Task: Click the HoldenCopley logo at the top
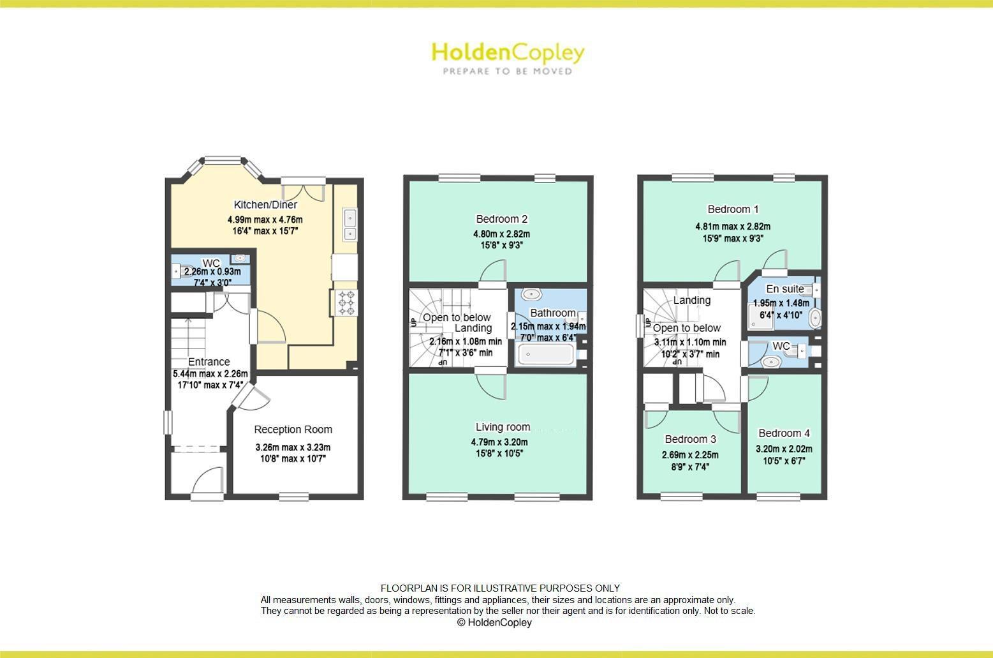point(508,52)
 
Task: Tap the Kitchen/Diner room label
point(265,205)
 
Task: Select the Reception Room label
point(293,430)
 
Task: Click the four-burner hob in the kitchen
point(347,302)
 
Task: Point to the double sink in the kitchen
point(350,226)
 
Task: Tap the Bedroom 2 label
point(501,219)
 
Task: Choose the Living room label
point(503,427)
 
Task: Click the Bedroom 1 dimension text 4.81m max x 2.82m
point(733,226)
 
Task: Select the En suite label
point(785,289)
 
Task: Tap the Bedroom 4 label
point(784,433)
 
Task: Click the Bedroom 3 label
point(690,439)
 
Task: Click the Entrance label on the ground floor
point(209,362)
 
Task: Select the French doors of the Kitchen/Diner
point(303,190)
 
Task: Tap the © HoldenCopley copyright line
point(494,622)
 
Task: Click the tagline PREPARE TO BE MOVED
point(508,71)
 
